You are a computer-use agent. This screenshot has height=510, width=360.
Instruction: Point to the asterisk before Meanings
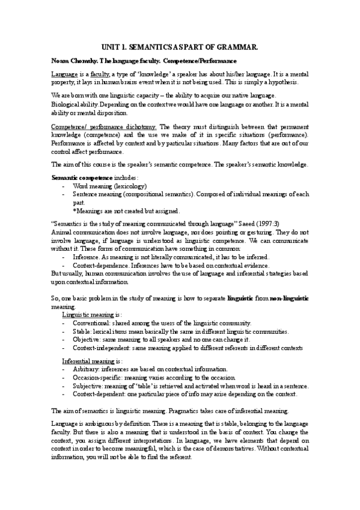[75, 210]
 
